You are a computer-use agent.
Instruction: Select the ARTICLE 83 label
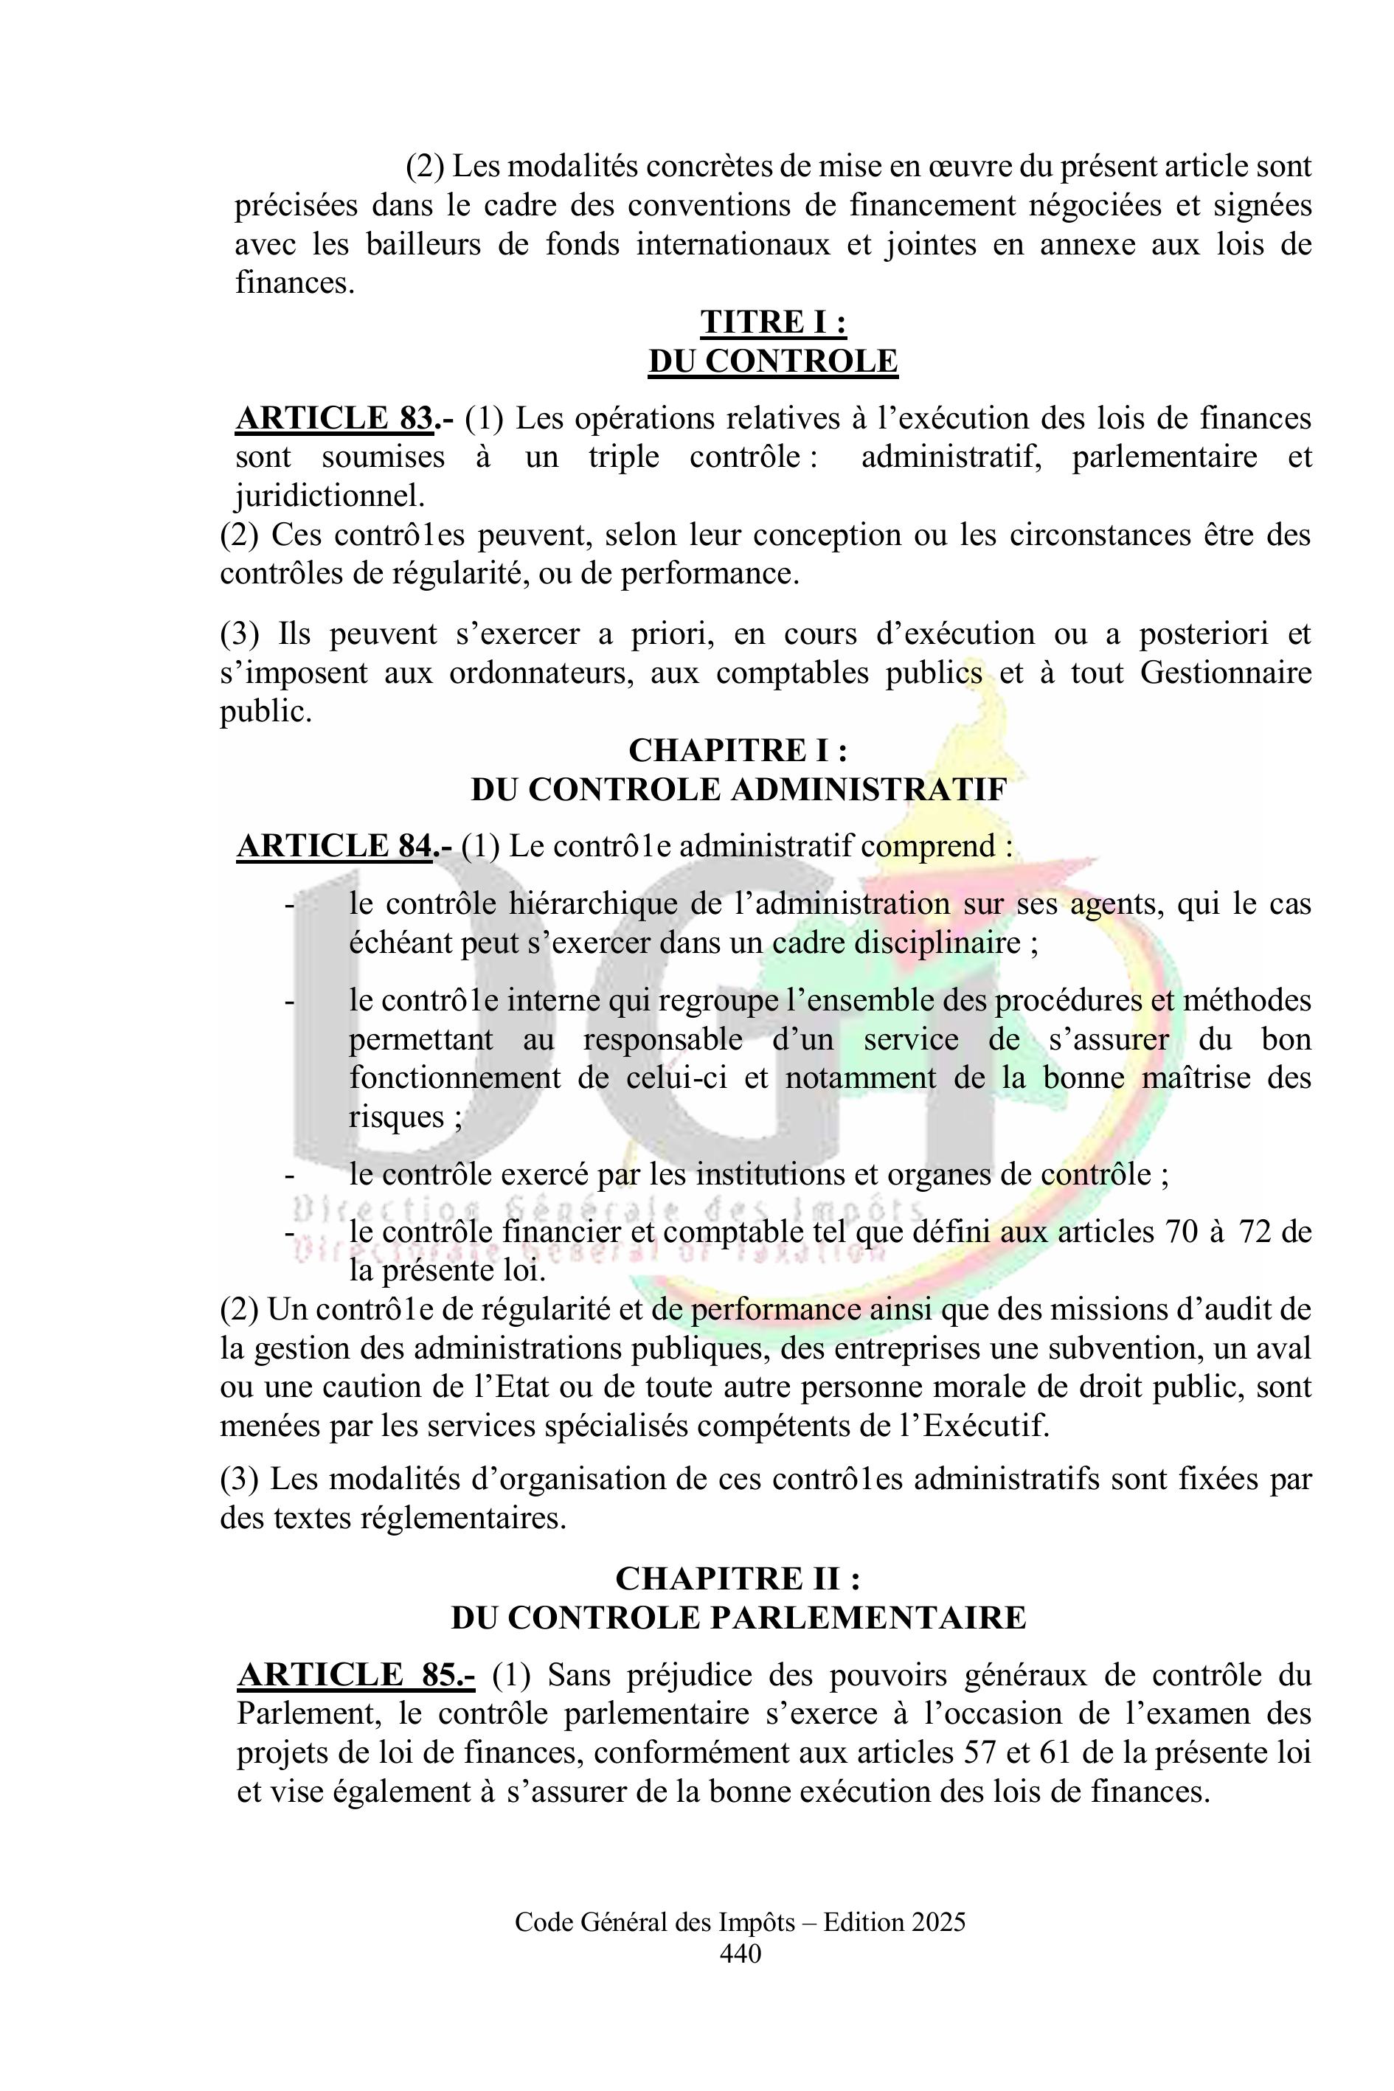click(334, 418)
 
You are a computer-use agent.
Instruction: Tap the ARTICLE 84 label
click(334, 845)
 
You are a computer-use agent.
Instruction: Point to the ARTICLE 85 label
click(356, 1675)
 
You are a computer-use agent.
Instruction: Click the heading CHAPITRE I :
click(738, 750)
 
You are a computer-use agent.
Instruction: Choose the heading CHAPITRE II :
click(738, 1579)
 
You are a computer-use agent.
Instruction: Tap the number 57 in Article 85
click(982, 1753)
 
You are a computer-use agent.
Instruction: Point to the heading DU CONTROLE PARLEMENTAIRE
click(738, 1618)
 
